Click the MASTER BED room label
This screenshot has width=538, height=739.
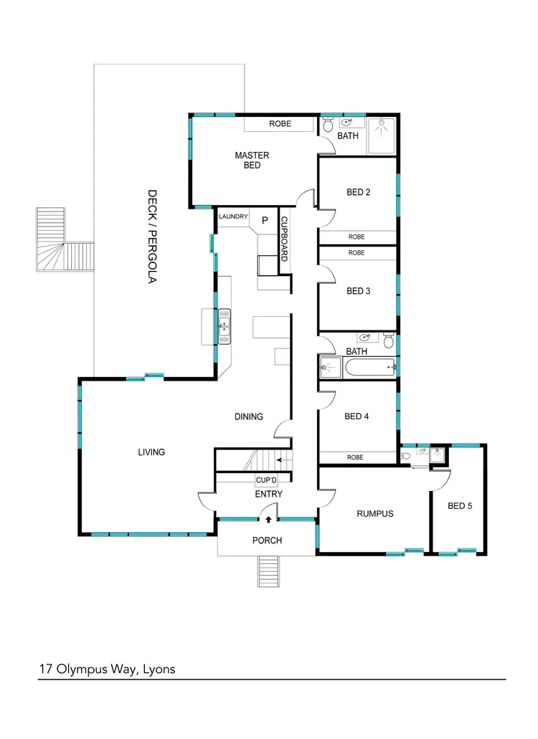point(252,160)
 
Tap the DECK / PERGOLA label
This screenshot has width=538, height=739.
point(152,237)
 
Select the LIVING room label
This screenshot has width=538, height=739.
point(151,452)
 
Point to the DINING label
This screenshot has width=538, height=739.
point(249,416)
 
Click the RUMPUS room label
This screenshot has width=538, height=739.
point(375,513)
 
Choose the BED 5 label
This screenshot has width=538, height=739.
point(460,505)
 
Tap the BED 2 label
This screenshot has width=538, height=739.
point(358,192)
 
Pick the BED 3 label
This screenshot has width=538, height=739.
point(358,291)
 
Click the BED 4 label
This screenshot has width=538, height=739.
point(357,416)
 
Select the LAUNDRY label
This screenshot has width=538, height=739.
point(233,216)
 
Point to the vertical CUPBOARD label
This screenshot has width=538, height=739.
point(284,238)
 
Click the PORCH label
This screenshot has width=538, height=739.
point(267,540)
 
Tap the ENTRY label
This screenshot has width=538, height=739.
point(269,494)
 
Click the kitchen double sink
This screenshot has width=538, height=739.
point(225,326)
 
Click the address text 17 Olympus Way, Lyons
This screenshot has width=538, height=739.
point(108,669)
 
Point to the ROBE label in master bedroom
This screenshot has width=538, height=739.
point(280,124)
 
